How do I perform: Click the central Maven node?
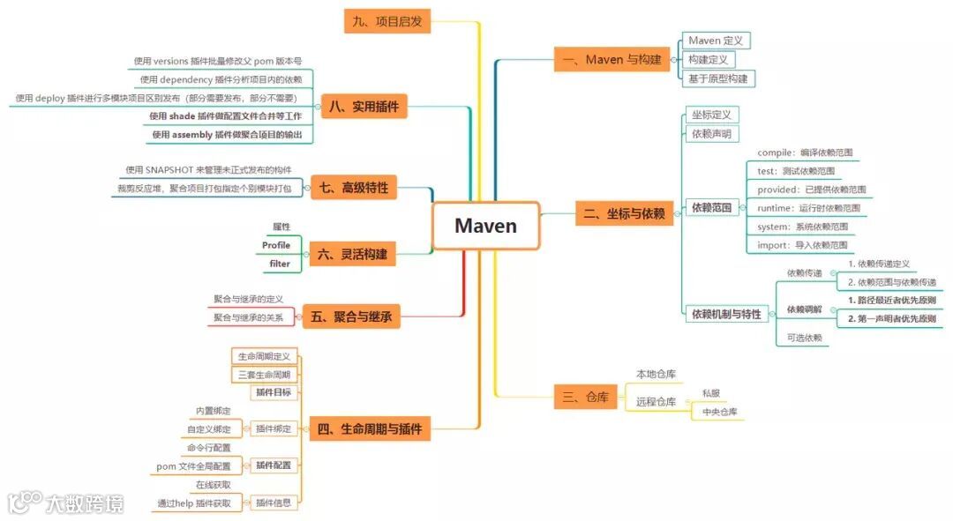(485, 226)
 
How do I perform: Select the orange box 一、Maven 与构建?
(612, 60)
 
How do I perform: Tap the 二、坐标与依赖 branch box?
(624, 212)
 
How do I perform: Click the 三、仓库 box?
(585, 398)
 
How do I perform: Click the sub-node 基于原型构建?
(721, 78)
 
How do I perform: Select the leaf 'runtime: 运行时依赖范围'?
(808, 208)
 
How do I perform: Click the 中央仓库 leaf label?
(720, 412)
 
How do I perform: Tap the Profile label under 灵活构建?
(276, 245)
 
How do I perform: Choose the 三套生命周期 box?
(264, 375)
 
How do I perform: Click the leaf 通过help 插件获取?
(194, 503)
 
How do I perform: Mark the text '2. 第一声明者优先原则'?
(891, 319)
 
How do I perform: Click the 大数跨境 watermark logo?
(67, 503)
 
